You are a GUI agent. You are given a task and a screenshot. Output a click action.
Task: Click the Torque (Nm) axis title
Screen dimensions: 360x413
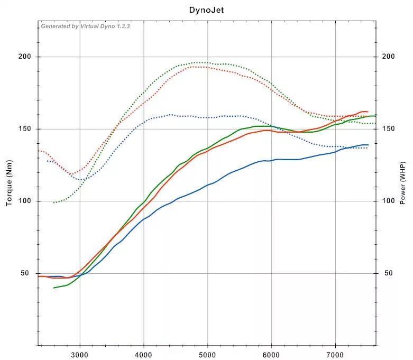coord(9,183)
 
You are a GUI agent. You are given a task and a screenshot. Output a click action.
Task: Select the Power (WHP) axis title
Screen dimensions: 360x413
coord(403,183)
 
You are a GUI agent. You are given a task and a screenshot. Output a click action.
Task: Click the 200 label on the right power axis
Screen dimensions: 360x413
coord(388,57)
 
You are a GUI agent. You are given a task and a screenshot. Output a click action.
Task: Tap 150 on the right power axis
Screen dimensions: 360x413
coord(388,129)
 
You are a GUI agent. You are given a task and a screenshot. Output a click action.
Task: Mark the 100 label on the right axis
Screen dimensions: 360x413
coord(388,201)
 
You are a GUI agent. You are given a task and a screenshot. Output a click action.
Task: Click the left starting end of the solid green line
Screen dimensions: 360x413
coord(54,288)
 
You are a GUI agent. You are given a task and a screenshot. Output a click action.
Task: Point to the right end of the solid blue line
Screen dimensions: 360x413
coord(368,145)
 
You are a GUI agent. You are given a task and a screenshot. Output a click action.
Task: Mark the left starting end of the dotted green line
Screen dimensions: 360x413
coord(53,202)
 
